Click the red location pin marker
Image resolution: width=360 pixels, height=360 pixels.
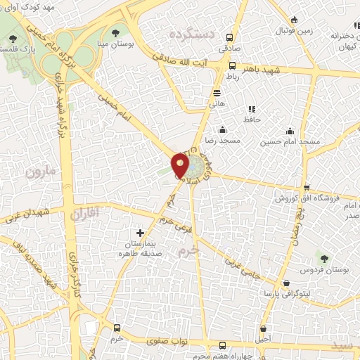(x=180, y=166)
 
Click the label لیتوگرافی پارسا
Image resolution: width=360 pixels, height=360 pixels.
(x=281, y=292)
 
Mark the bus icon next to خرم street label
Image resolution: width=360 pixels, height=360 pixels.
(x=117, y=328)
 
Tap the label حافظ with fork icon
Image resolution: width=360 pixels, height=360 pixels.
(x=252, y=120)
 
